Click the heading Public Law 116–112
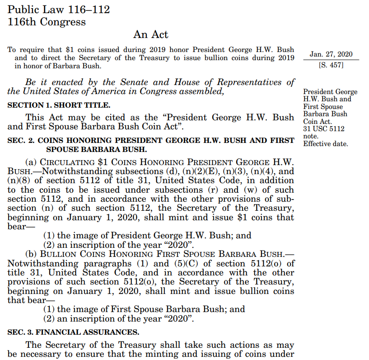[x=59, y=9]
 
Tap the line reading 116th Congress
[x=47, y=22]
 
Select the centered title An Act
[x=151, y=34]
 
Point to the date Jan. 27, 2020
[x=331, y=54]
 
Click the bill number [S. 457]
[x=331, y=66]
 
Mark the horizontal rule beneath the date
[x=331, y=60]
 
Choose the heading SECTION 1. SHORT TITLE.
[x=59, y=105]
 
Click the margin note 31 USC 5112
[x=324, y=129]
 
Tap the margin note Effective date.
[x=326, y=144]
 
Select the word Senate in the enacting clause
[x=135, y=82]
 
